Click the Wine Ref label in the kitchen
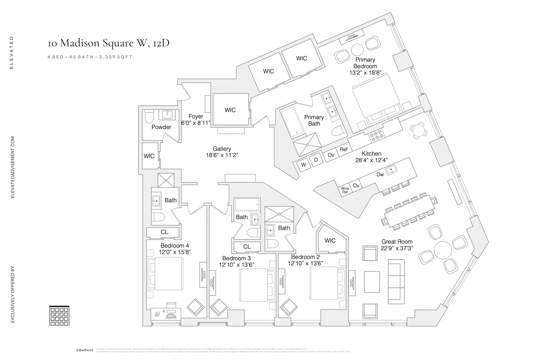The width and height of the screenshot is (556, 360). point(345,190)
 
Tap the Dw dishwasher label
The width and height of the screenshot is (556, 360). point(380,174)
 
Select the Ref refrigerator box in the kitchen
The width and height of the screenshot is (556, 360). point(344,149)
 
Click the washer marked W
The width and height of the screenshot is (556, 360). point(304,165)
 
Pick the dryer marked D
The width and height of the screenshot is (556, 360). point(316,160)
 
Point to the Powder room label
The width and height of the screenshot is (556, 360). point(161,127)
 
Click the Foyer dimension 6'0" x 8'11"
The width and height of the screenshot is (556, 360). point(196,123)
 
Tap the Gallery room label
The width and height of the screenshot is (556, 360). point(222,149)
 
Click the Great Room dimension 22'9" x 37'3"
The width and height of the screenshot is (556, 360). point(397,248)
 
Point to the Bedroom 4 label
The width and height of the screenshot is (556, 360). point(175,245)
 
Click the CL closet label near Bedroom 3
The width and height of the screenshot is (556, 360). point(247,247)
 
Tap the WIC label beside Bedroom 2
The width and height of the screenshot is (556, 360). point(330,241)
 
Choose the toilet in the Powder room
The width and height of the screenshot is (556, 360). point(149,118)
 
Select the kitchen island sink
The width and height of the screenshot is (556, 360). point(390,171)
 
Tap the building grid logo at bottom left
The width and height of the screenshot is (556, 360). point(59,316)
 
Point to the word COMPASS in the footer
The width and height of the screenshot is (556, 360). point(85,350)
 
